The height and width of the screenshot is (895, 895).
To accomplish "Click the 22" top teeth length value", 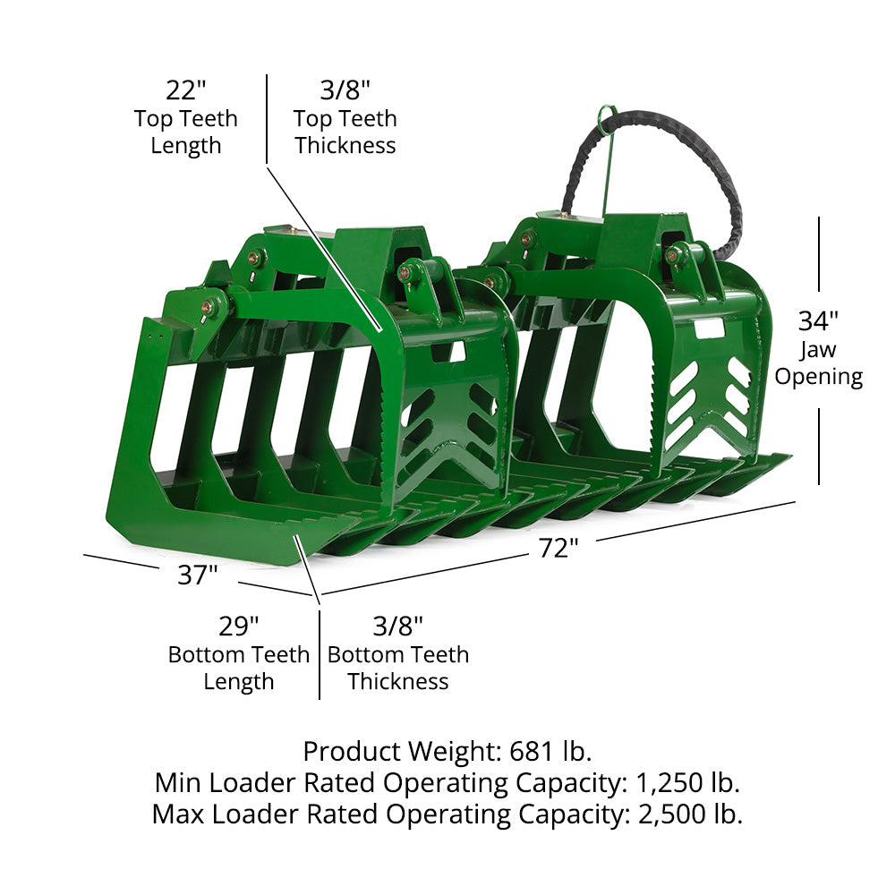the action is pyautogui.click(x=185, y=89).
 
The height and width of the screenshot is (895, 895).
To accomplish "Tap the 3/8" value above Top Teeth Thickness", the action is pyautogui.click(x=345, y=89).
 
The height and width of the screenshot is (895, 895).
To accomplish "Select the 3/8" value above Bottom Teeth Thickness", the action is pyautogui.click(x=398, y=626).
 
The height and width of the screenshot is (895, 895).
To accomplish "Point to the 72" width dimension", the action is pyautogui.click(x=558, y=548).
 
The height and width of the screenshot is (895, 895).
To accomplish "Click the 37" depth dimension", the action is pyautogui.click(x=198, y=575).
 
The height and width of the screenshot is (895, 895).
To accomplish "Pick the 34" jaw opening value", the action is pyautogui.click(x=818, y=320).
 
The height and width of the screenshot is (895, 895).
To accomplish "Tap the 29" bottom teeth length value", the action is pyautogui.click(x=239, y=626).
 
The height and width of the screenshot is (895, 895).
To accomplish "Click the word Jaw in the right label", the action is pyautogui.click(x=817, y=349).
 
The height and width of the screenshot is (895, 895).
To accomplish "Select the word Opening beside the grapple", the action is pyautogui.click(x=819, y=377).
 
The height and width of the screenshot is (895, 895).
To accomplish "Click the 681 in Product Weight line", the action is pyautogui.click(x=532, y=751).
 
